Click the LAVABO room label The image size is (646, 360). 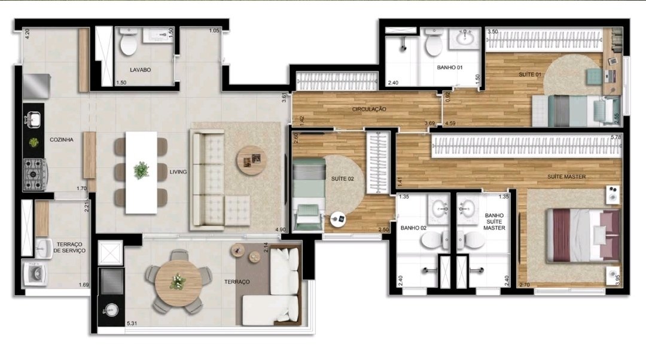pyautogui.click(x=140, y=70)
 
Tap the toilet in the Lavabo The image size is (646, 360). pyautogui.click(x=129, y=42)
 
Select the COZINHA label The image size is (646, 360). pyautogui.click(x=62, y=139)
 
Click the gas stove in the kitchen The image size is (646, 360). pyautogui.click(x=35, y=175)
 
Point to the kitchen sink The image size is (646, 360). pyautogui.click(x=33, y=120)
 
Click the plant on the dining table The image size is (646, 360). pyautogui.click(x=141, y=170)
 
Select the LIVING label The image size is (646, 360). pyautogui.click(x=178, y=172)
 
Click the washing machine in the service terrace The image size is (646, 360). pyautogui.click(x=35, y=273)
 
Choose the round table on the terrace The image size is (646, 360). pyautogui.click(x=178, y=283)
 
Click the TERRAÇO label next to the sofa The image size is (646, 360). pyautogui.click(x=237, y=282)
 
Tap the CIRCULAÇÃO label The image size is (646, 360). pyautogui.click(x=369, y=109)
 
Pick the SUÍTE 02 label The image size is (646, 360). pyautogui.click(x=342, y=179)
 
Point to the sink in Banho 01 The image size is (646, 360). pyautogui.click(x=465, y=38)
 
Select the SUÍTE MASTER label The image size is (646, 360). pyautogui.click(x=566, y=176)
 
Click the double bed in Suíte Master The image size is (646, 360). pyautogui.click(x=583, y=236)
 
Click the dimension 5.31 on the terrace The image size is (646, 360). pyautogui.click(x=132, y=324)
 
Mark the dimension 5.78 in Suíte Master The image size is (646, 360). pyautogui.click(x=616, y=137)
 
